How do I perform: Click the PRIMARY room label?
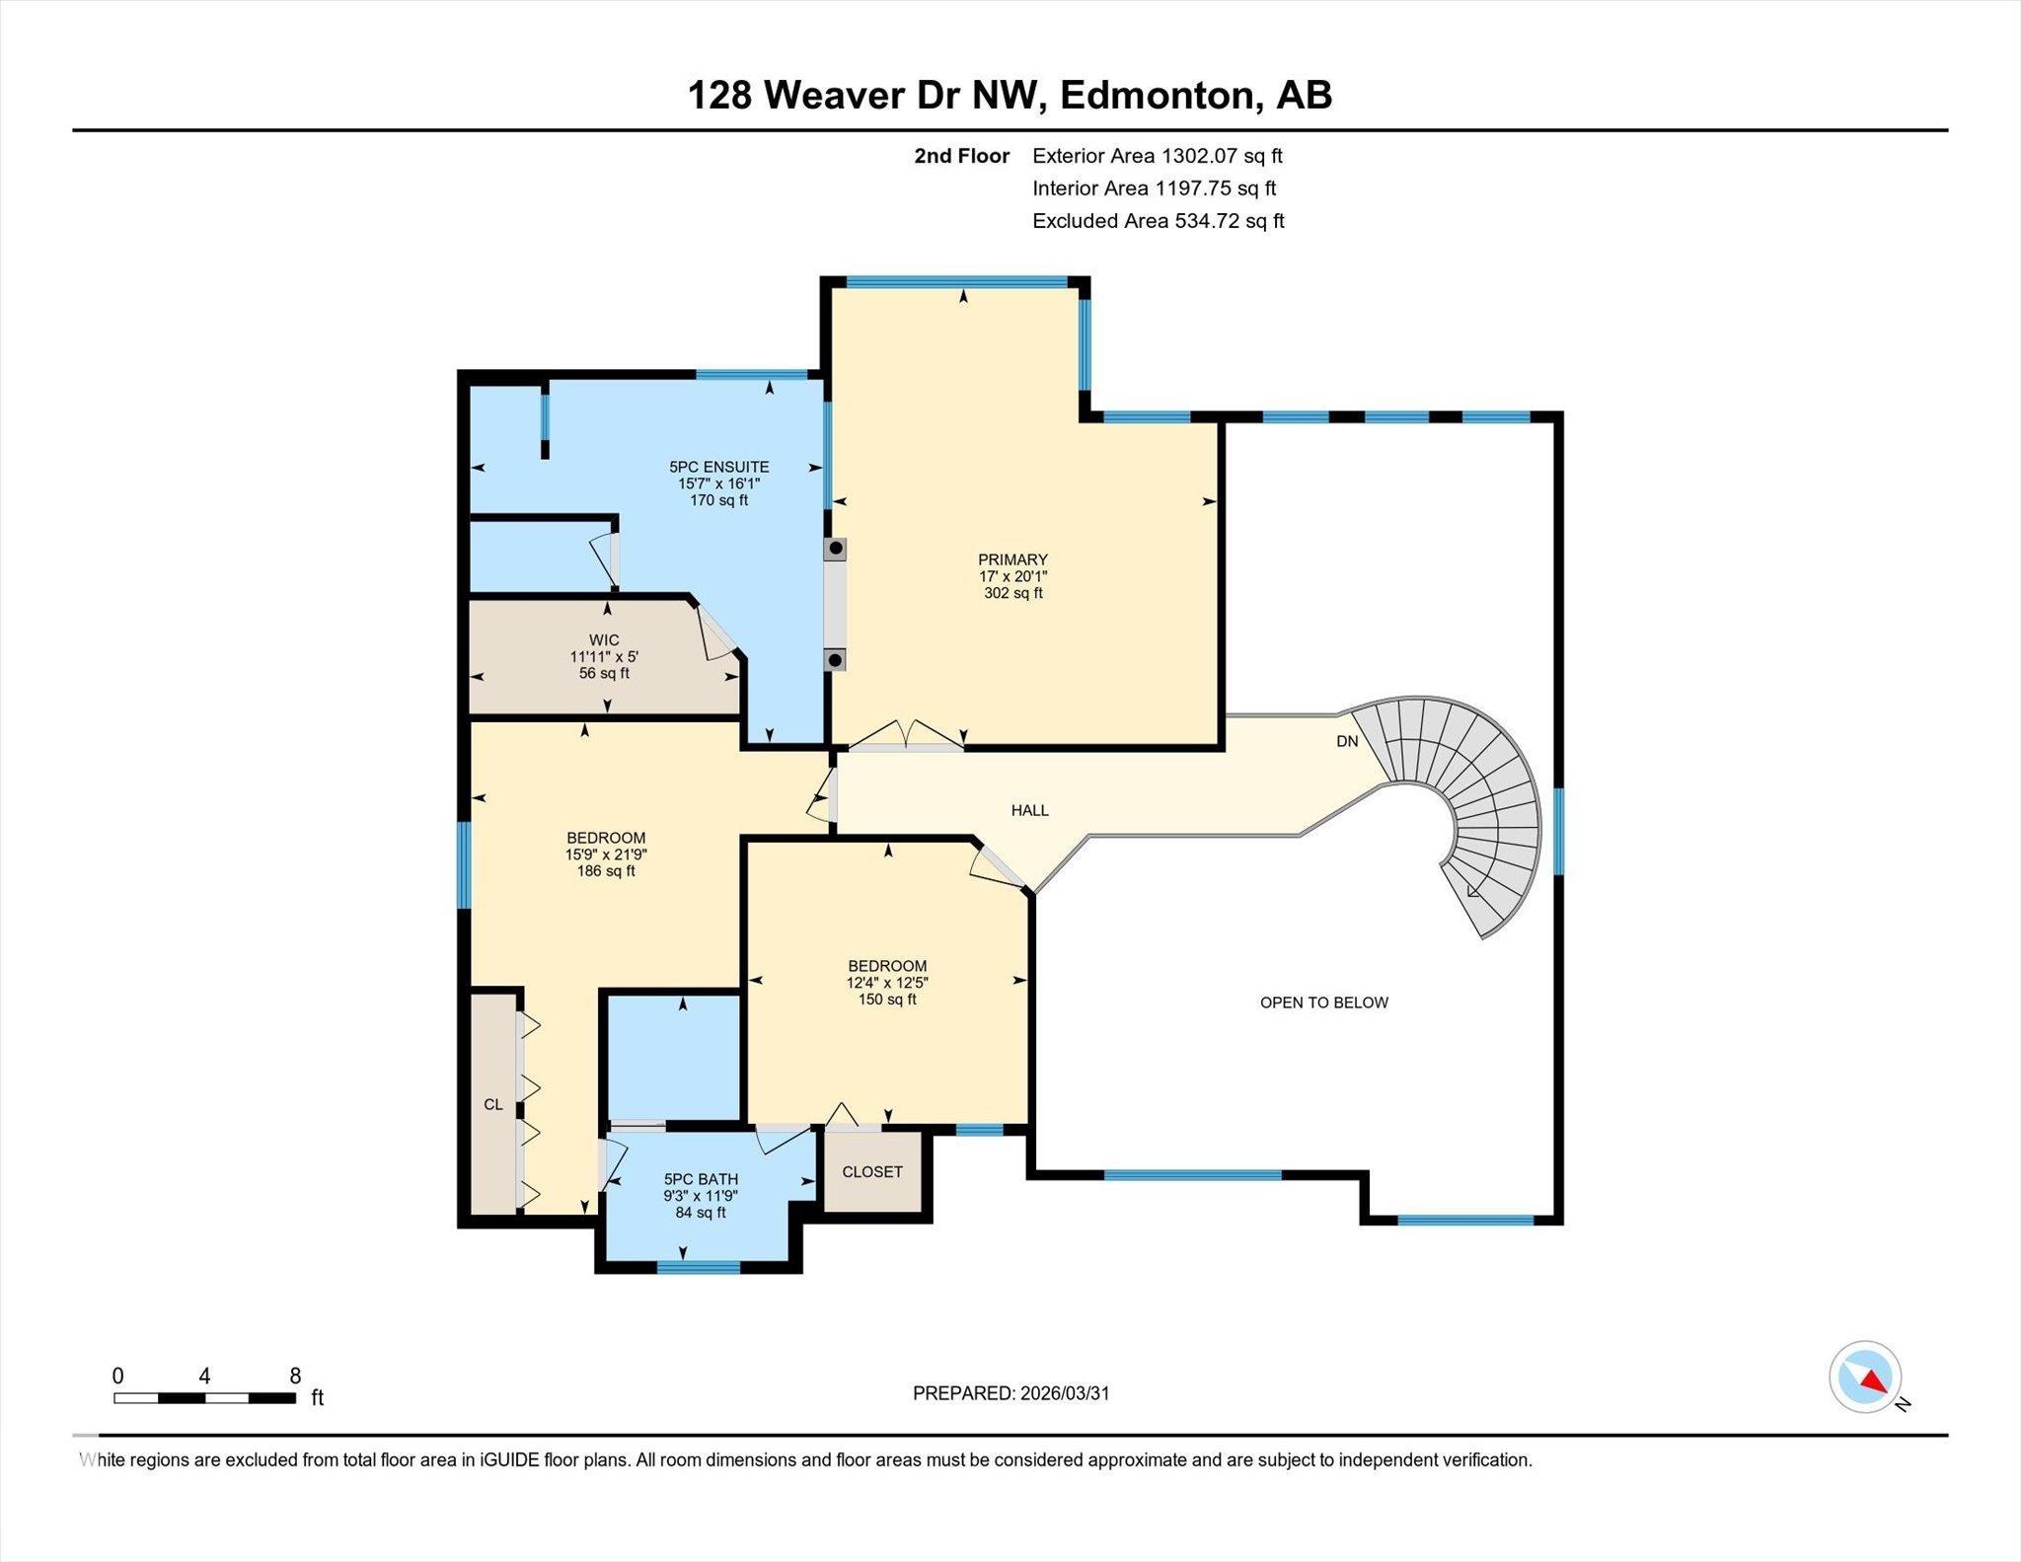pyautogui.click(x=1012, y=559)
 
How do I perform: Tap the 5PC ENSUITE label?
pyautogui.click(x=718, y=467)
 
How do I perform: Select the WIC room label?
pyautogui.click(x=604, y=639)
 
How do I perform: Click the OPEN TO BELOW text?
pyautogui.click(x=1323, y=1003)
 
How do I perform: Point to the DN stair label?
pyautogui.click(x=1347, y=741)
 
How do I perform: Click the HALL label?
pyautogui.click(x=1029, y=810)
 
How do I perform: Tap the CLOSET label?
pyautogui.click(x=872, y=1171)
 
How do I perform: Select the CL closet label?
pyautogui.click(x=493, y=1104)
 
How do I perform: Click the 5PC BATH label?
pyautogui.click(x=701, y=1179)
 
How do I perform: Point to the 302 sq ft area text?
pyautogui.click(x=1012, y=593)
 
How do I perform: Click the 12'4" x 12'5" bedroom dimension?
pyautogui.click(x=887, y=983)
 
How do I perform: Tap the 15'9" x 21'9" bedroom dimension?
pyautogui.click(x=606, y=855)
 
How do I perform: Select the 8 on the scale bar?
pyautogui.click(x=295, y=1376)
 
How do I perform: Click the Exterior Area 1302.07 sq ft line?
pyautogui.click(x=1157, y=156)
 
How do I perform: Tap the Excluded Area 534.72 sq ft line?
pyautogui.click(x=1158, y=221)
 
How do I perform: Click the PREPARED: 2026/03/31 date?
pyautogui.click(x=1010, y=1393)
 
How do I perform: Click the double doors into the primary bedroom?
pyautogui.click(x=906, y=736)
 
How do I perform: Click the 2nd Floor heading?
pyautogui.click(x=961, y=156)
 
